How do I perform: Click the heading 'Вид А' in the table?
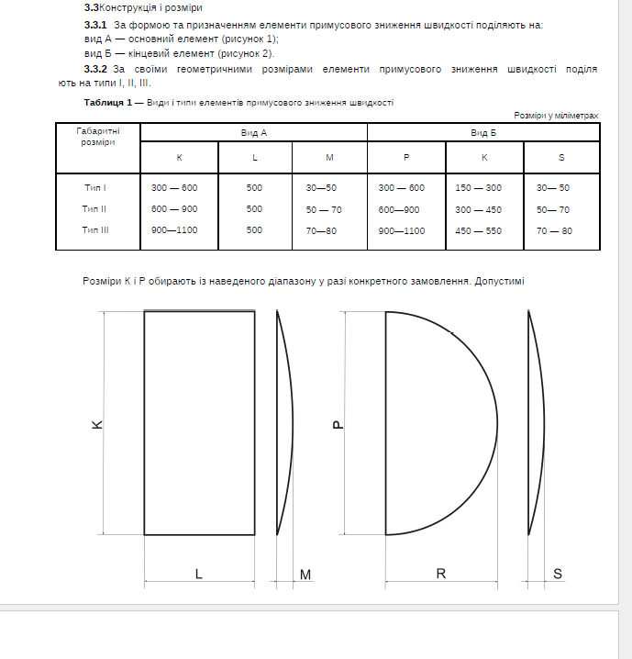pyautogui.click(x=254, y=133)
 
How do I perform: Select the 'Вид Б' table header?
pyautogui.click(x=483, y=133)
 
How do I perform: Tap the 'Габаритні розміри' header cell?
pyautogui.click(x=97, y=137)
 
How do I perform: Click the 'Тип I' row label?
pyautogui.click(x=95, y=187)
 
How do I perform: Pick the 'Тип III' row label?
pyautogui.click(x=95, y=230)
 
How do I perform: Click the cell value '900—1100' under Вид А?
pyautogui.click(x=174, y=230)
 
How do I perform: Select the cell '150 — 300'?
pyautogui.click(x=478, y=187)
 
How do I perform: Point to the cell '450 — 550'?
pyautogui.click(x=478, y=230)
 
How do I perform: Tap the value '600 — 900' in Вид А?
pyautogui.click(x=174, y=208)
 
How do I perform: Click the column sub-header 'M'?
pyautogui.click(x=329, y=158)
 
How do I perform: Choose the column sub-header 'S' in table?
pyautogui.click(x=561, y=158)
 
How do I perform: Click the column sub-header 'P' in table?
pyautogui.click(x=405, y=158)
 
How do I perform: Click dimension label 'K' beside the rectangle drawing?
pyautogui.click(x=97, y=425)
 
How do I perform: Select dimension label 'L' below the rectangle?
pyautogui.click(x=199, y=574)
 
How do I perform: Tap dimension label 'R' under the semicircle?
pyautogui.click(x=441, y=574)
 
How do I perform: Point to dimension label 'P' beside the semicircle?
pyautogui.click(x=338, y=425)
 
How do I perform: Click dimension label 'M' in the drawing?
pyautogui.click(x=305, y=575)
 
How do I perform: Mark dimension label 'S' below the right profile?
pyautogui.click(x=558, y=574)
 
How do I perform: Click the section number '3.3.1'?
pyautogui.click(x=95, y=25)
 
